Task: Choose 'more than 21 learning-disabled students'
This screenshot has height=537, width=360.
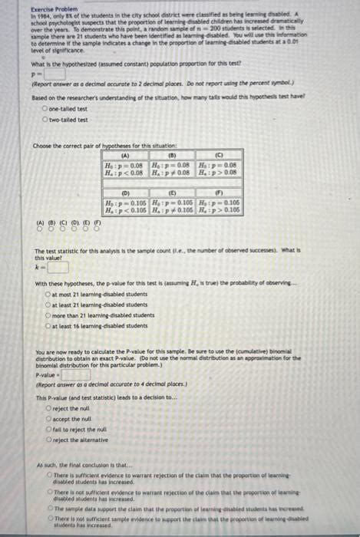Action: coord(48,315)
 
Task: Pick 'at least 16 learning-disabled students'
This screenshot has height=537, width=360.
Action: coord(48,325)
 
